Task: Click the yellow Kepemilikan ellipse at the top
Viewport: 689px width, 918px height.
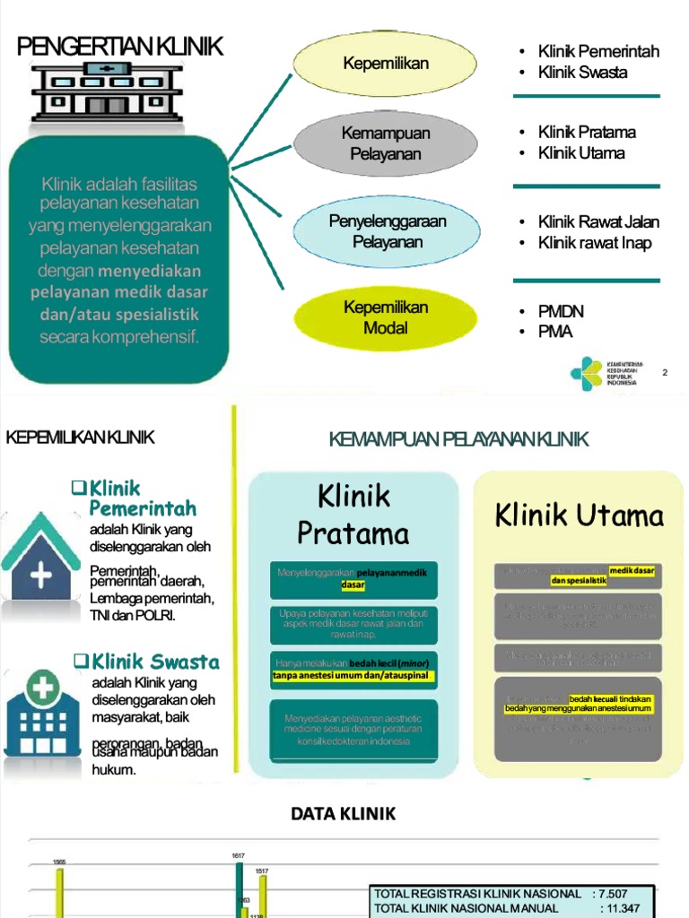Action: click(x=386, y=63)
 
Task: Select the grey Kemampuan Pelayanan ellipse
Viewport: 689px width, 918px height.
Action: click(x=386, y=143)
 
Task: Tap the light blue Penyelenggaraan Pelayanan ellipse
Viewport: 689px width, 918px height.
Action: click(x=387, y=231)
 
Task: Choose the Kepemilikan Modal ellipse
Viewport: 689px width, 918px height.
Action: click(x=386, y=317)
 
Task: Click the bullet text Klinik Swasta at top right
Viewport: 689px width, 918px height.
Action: click(x=582, y=73)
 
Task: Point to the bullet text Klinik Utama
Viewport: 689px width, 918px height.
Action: click(x=581, y=152)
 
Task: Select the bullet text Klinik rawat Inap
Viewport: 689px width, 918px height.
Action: click(x=595, y=243)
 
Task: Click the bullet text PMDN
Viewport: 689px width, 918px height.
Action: click(x=561, y=311)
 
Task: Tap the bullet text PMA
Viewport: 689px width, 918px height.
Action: click(x=555, y=332)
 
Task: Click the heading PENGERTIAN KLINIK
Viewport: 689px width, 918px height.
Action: click(x=120, y=48)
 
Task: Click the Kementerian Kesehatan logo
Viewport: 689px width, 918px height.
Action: click(x=588, y=372)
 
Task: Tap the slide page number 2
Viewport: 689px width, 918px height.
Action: click(x=665, y=372)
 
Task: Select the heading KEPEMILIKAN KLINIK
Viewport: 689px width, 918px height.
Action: click(x=81, y=437)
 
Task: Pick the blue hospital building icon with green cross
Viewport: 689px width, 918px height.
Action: click(x=41, y=717)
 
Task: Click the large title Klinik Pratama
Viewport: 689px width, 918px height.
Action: click(x=353, y=515)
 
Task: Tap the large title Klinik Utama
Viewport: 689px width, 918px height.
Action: click(x=580, y=515)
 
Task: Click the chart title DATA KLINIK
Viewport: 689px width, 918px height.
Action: click(x=343, y=814)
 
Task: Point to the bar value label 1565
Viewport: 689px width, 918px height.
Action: click(x=59, y=862)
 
